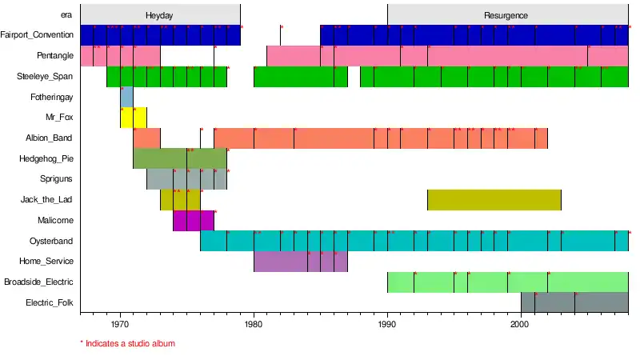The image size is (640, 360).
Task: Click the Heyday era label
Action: point(159,15)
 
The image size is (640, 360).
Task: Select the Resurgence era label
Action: point(506,15)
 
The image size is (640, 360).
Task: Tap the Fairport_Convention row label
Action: point(38,35)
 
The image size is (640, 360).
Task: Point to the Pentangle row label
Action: point(55,56)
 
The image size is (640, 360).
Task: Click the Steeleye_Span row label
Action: point(46,77)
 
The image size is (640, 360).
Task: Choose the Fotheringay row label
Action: point(50,97)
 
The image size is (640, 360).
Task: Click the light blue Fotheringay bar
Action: point(126,97)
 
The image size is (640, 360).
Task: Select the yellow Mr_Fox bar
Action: point(133,118)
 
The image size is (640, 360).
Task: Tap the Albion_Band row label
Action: point(50,138)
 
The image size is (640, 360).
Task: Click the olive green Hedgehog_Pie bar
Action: point(179,158)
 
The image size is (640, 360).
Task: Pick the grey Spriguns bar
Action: point(186,179)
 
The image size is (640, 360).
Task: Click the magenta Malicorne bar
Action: point(193,220)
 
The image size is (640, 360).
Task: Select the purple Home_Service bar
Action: point(300,262)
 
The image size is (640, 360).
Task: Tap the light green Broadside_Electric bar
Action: point(507,282)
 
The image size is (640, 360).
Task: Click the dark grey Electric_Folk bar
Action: point(574,302)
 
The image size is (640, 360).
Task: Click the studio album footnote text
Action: point(128,343)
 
